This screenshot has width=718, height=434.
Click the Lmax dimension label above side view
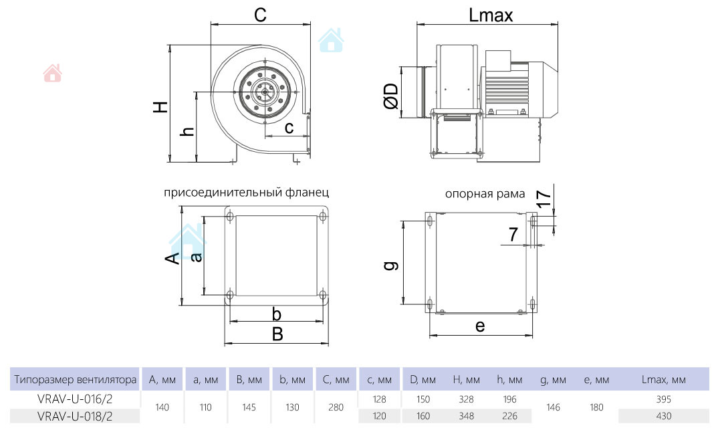tap(491, 15)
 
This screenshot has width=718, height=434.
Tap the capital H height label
tap(159, 107)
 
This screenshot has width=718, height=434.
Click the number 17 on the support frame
tap(544, 195)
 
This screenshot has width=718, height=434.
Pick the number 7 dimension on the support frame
tap(513, 234)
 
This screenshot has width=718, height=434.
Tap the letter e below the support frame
tap(479, 326)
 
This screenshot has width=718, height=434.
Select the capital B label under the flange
tap(277, 334)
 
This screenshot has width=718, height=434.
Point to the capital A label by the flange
tap(172, 258)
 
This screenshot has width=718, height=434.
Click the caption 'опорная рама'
tap(485, 194)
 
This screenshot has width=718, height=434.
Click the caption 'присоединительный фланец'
tap(246, 193)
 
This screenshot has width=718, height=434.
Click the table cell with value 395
tap(664, 399)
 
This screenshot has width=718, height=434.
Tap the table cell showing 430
tap(664, 415)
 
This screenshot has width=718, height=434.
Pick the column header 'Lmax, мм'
tap(664, 380)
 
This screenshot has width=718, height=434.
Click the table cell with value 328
tap(467, 399)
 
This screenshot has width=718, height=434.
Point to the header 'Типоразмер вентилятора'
tap(75, 380)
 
